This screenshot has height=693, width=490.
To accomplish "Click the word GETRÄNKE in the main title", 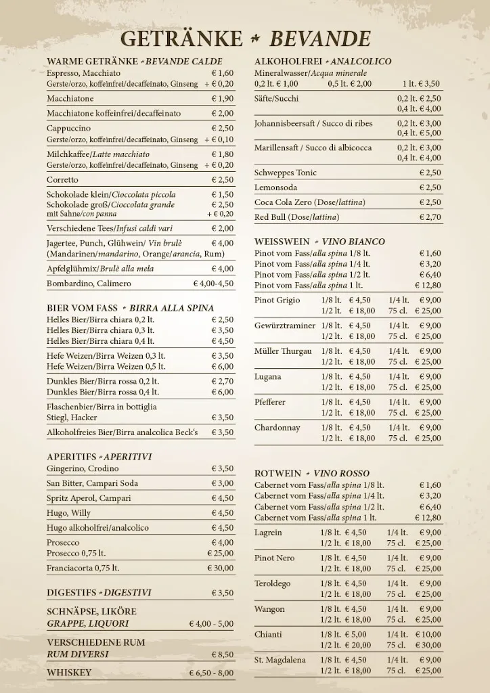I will tap(181, 38).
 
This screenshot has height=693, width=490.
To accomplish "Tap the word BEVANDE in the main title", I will tap(320, 38).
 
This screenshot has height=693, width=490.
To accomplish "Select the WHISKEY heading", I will tap(69, 673).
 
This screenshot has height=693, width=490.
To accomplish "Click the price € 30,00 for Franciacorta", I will tap(220, 568).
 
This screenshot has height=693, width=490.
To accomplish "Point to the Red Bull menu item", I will tap(297, 217).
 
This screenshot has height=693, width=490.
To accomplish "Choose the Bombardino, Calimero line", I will tap(89, 284).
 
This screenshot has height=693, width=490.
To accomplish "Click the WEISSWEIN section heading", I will tap(281, 242).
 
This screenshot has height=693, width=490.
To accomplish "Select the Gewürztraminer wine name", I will tap(285, 326).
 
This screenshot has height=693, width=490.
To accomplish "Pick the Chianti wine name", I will tap(268, 634).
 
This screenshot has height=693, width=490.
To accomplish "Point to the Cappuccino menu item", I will tap(68, 128).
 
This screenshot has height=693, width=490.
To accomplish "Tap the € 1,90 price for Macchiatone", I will tap(222, 99).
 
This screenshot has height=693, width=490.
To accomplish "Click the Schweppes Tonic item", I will tap(286, 173).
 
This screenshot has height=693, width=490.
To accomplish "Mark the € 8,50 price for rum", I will tap(222, 654).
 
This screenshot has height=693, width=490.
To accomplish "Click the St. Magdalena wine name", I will tap(280, 660).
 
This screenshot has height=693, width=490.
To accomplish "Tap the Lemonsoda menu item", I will tap(275, 187).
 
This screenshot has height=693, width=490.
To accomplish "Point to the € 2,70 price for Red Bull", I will tap(430, 217).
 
